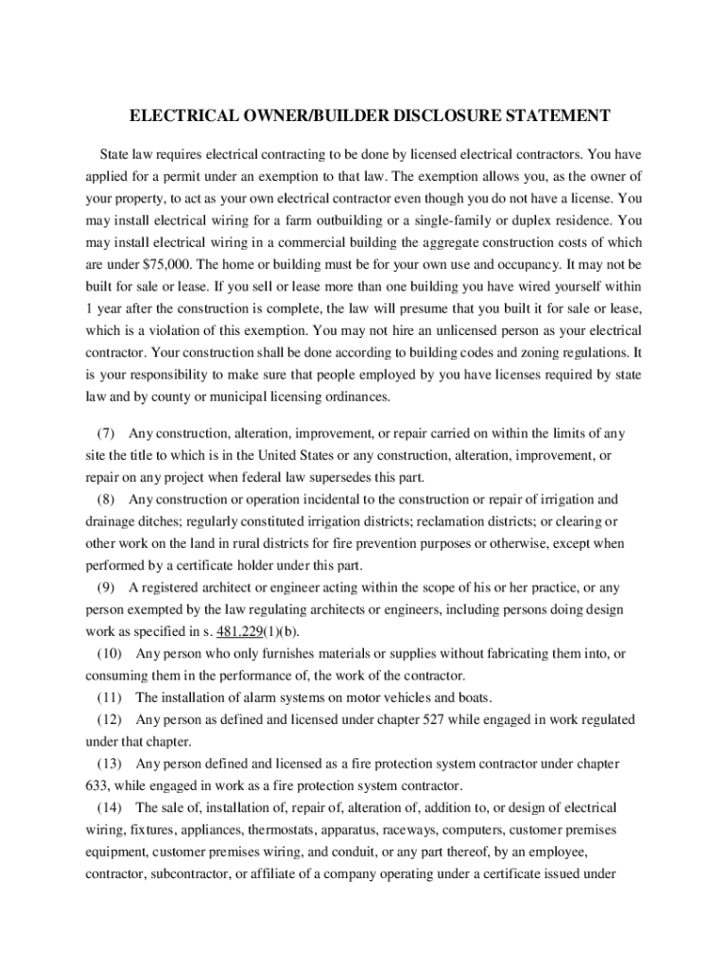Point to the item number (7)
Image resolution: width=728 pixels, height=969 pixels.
point(106,434)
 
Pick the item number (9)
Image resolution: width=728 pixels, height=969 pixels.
point(106,587)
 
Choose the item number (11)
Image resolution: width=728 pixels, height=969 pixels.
point(110,698)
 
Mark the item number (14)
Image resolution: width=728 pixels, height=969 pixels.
point(110,808)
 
